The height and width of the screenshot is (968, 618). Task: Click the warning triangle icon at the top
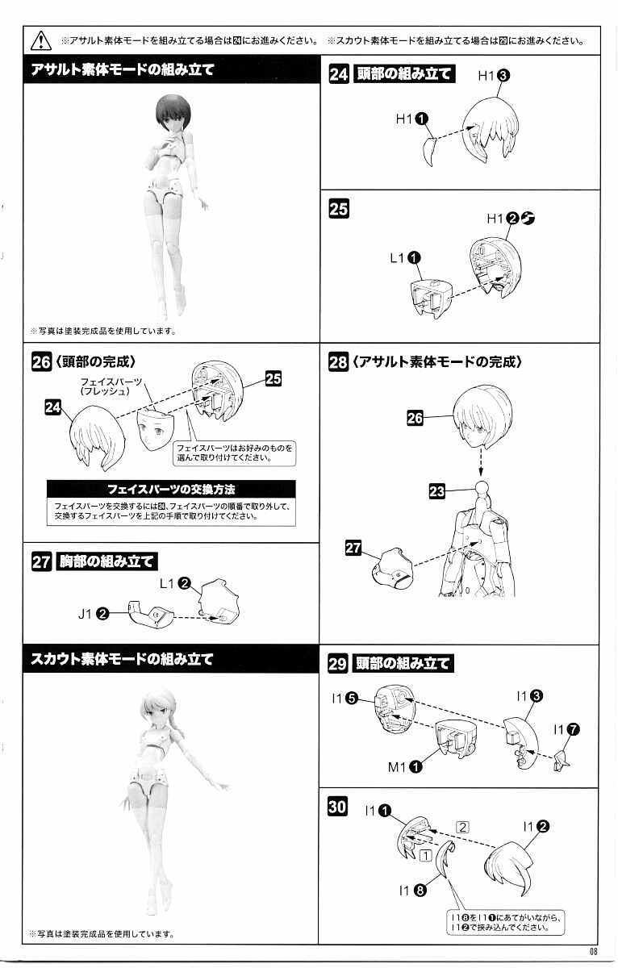41,40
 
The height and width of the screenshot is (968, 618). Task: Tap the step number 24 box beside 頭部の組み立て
338,74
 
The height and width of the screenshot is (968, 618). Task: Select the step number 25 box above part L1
338,209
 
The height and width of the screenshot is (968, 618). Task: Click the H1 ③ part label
494,76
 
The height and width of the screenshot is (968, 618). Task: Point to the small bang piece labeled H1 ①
429,152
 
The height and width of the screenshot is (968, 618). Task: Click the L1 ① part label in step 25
405,258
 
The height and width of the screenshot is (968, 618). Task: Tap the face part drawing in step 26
156,429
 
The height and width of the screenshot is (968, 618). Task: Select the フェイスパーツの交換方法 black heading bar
171,489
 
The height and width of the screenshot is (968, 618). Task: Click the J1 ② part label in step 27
94,614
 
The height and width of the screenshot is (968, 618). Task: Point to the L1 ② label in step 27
175,583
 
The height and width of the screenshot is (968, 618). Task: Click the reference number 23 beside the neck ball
436,491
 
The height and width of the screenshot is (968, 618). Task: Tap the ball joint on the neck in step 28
482,487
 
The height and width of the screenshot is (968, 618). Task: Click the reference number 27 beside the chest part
353,548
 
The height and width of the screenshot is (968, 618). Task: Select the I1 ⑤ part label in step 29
344,698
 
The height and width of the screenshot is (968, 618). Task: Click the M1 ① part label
404,767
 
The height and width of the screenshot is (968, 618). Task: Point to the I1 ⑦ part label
566,730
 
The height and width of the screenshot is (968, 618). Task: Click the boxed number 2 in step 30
462,827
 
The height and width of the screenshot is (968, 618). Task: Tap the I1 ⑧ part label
412,891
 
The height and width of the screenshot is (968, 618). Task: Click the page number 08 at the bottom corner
593,951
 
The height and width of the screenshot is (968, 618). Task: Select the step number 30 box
337,807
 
